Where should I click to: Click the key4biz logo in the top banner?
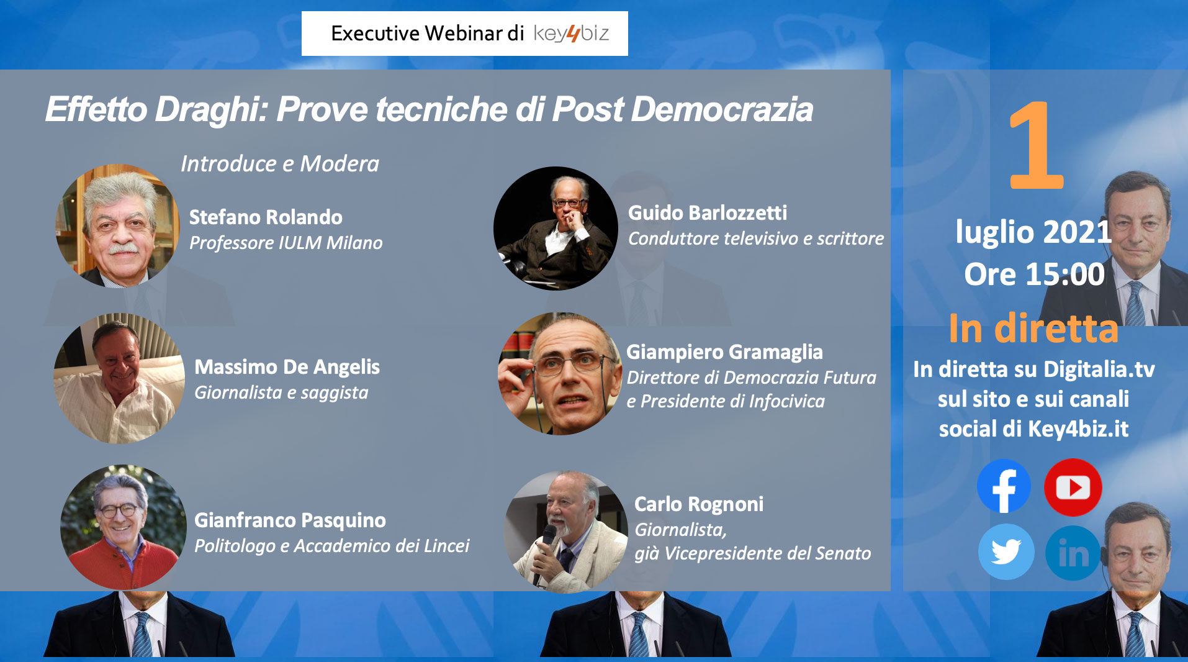point(571,34)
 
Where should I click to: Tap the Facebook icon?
point(1004,487)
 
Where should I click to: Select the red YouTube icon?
point(1073,487)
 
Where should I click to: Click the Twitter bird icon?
point(1006,551)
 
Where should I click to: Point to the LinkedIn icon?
point(1073,553)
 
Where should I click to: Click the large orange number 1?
point(1036,145)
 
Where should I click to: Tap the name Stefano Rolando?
point(266,217)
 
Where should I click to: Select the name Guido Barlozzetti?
point(708,213)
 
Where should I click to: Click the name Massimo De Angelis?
point(287,367)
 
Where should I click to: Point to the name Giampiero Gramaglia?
point(724,352)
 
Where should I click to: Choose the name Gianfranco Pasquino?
point(290,520)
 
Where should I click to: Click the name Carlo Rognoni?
point(699,504)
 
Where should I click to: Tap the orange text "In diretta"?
point(1033,329)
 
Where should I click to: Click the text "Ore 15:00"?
point(1035,274)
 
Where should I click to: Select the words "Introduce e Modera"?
point(280,164)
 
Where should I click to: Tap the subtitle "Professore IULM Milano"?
point(286,243)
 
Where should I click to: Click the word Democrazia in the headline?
point(722,110)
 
